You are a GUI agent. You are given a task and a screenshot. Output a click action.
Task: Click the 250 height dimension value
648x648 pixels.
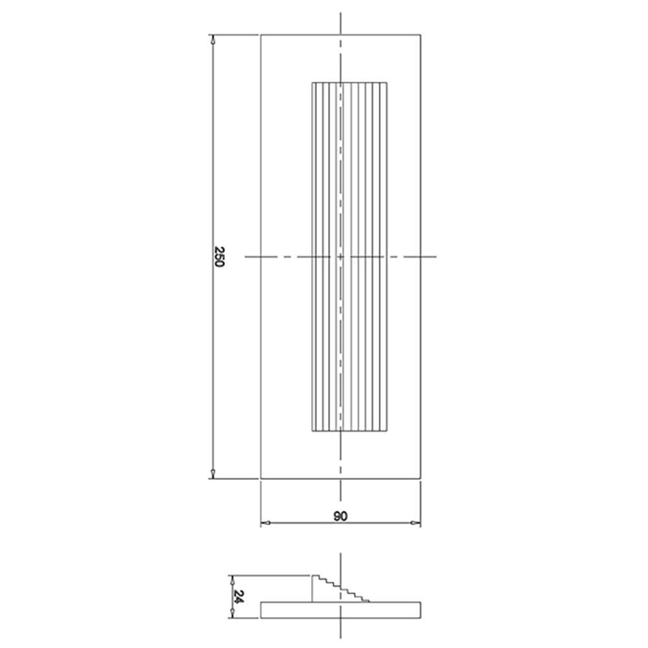(218, 257)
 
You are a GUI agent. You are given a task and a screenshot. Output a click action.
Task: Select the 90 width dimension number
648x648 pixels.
(341, 516)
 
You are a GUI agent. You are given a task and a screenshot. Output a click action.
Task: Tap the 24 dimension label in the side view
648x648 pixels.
(238, 596)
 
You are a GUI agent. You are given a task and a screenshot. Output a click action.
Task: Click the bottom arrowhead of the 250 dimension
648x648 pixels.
(214, 476)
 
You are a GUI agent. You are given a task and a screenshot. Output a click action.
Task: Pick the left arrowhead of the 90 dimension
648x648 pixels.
(264, 523)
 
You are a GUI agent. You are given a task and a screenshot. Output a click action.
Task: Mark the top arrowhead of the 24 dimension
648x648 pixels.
(233, 577)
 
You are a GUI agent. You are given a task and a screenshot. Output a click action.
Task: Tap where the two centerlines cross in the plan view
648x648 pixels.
(341, 257)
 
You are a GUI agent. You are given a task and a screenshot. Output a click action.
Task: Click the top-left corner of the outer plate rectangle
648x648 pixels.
(260, 34)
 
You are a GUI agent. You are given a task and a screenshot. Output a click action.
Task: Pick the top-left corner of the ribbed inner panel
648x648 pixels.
(312, 83)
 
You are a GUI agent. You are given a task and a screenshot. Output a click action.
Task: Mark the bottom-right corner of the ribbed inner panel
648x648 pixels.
(388, 432)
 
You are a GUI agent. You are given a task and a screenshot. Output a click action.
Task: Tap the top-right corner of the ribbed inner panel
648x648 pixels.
(388, 83)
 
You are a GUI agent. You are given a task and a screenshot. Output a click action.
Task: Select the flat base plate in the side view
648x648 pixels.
(341, 609)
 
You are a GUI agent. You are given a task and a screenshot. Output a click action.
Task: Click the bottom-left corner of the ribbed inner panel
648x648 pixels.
(312, 432)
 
